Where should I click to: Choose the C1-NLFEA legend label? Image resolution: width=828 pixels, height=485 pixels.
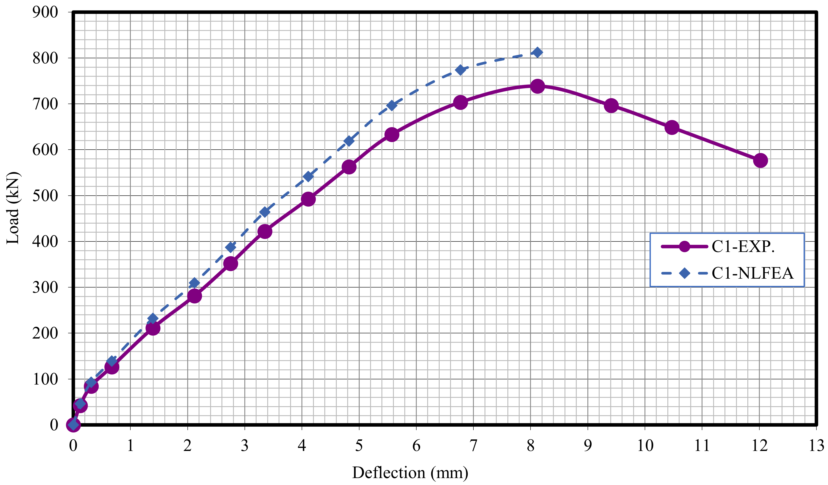[752, 273]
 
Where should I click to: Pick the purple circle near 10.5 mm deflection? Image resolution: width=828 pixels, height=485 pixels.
[672, 127]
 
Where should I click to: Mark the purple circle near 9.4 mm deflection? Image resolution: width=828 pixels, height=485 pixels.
[611, 105]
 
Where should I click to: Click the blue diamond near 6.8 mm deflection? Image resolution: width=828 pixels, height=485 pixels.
[460, 70]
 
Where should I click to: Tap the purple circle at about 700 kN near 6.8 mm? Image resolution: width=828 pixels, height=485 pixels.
[460, 102]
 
